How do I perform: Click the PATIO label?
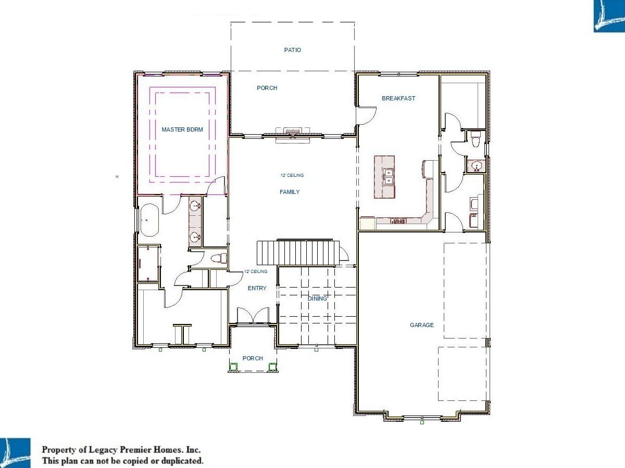(x=292, y=50)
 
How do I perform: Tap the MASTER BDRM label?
(x=182, y=129)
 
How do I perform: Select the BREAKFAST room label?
(x=398, y=98)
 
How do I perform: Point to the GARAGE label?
(x=422, y=325)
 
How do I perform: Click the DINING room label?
(x=317, y=298)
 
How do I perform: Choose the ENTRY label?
(x=257, y=288)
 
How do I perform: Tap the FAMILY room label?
(x=290, y=192)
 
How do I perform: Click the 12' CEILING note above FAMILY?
(x=292, y=175)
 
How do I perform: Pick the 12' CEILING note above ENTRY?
(x=256, y=271)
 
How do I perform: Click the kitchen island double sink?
(x=388, y=177)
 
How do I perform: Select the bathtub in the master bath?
(x=149, y=220)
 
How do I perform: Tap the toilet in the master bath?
(x=219, y=258)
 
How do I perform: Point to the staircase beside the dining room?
(x=298, y=252)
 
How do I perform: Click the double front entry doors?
(x=253, y=316)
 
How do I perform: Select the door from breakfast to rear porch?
(x=366, y=115)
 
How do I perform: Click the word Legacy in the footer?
(x=103, y=450)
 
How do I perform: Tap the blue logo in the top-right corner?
(x=609, y=16)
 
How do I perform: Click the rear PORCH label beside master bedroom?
(x=267, y=88)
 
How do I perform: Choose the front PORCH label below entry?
(x=253, y=358)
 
